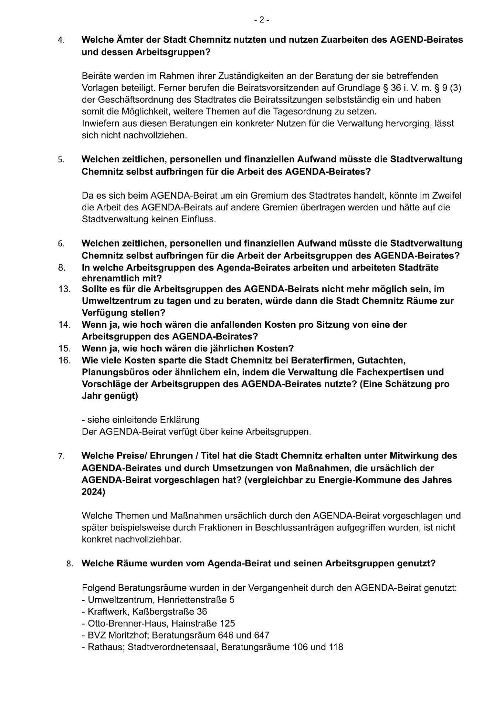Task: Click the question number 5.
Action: (x=61, y=160)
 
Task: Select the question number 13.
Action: (x=64, y=289)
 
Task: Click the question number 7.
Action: (x=61, y=456)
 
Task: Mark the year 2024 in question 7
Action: (x=93, y=492)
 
